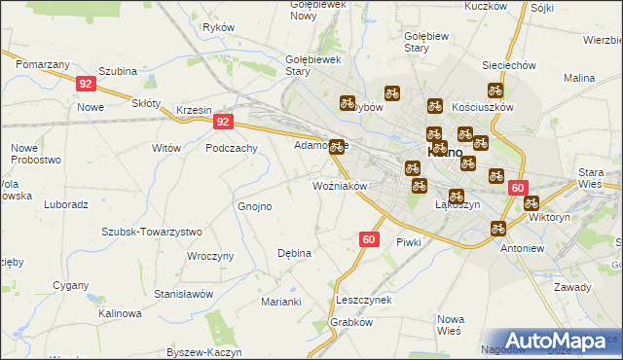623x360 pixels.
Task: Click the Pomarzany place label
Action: (42, 62)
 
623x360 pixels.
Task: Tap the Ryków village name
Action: (218, 27)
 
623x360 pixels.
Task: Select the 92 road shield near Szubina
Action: (86, 84)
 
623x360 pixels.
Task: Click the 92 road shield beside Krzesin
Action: (224, 122)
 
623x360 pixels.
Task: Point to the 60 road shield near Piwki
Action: (368, 238)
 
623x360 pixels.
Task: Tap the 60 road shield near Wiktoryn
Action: (517, 189)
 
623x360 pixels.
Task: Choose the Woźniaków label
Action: (339, 185)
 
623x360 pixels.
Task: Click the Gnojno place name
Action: (255, 206)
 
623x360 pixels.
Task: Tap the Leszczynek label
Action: (363, 300)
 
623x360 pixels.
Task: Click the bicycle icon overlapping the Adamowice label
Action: (337, 147)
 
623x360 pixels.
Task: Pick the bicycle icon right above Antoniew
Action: (498, 228)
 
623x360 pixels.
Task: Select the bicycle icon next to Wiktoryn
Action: (531, 203)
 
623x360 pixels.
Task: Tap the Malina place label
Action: (579, 78)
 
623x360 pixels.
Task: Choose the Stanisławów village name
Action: (183, 293)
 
